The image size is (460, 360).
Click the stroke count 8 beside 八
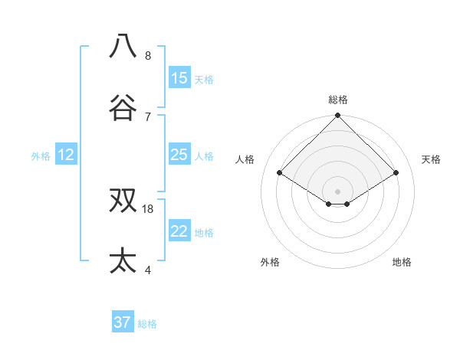[148, 56]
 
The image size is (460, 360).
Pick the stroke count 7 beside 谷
[148, 116]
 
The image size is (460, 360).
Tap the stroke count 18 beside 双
[148, 208]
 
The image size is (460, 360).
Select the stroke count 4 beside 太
[148, 270]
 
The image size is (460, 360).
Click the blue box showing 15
[179, 78]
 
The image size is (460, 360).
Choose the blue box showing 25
[179, 155]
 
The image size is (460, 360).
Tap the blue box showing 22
[179, 231]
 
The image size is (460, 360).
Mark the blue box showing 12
[66, 155]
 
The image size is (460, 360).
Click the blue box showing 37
[123, 322]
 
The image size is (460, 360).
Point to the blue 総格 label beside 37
[147, 324]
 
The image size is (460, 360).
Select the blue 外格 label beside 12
[41, 156]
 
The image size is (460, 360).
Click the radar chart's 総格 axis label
[338, 100]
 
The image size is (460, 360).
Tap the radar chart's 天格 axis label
[431, 159]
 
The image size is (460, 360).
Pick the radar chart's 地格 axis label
[402, 262]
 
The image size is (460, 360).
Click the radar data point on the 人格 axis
[280, 173]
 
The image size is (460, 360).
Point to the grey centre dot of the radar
[338, 191]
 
